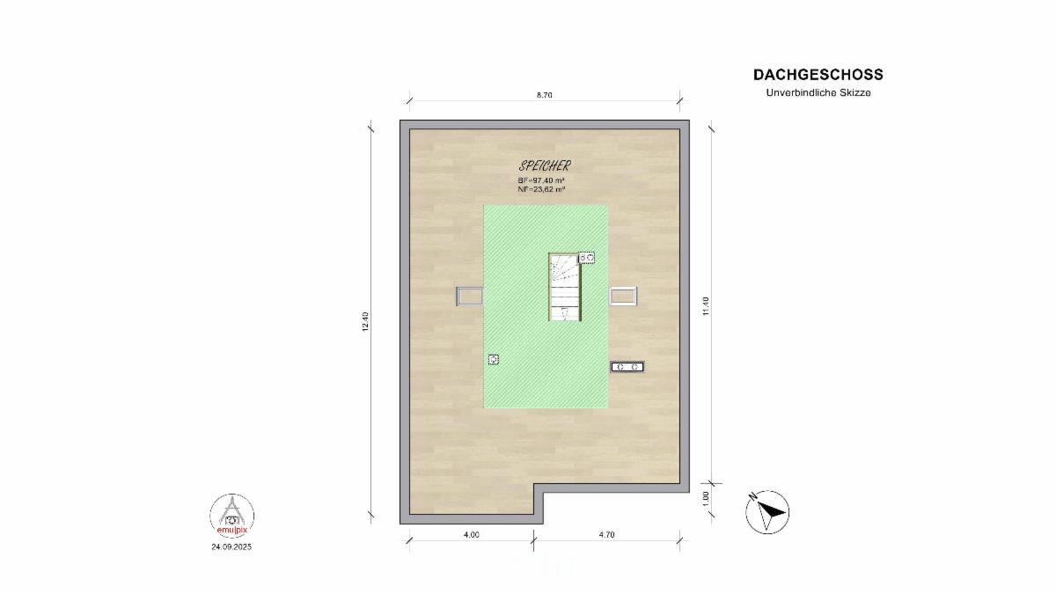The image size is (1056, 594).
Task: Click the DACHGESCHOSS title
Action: click(818, 75)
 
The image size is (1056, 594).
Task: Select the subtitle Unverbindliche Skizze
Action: click(818, 93)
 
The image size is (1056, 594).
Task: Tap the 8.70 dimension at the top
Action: click(544, 95)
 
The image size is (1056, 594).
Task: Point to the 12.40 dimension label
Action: click(365, 321)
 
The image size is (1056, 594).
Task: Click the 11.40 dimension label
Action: click(705, 306)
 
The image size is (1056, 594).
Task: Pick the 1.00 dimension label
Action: click(705, 498)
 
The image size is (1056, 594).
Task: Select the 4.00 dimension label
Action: click(472, 535)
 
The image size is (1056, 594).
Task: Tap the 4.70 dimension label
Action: click(606, 535)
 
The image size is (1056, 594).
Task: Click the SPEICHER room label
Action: click(545, 165)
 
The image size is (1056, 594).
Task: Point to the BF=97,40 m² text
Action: click(541, 180)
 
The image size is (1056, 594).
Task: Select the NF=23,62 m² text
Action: click(541, 189)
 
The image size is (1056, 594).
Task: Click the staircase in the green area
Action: click(565, 287)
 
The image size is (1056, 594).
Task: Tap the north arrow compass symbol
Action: click(767, 512)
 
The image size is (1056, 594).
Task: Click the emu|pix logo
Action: click(232, 517)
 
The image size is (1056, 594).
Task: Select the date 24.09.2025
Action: click(231, 546)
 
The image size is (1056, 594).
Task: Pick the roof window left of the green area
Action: click(470, 297)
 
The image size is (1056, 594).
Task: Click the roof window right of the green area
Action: click(623, 297)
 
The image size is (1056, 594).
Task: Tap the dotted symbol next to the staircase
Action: click(587, 258)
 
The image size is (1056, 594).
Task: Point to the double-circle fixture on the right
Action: click(627, 367)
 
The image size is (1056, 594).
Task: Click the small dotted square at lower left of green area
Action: click(494, 360)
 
